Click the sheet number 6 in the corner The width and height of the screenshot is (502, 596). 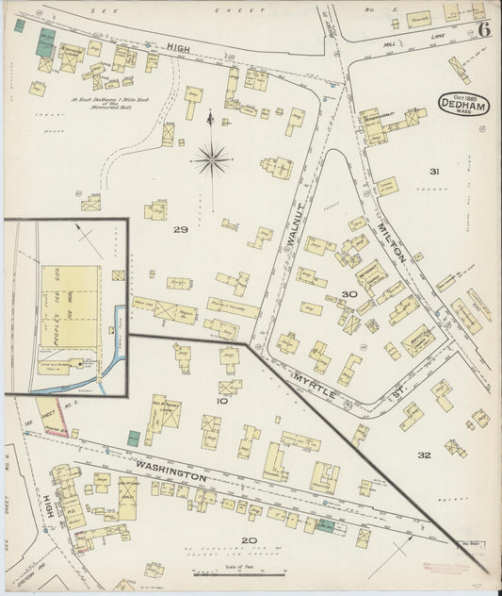(482, 29)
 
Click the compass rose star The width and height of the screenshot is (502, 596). (212, 158)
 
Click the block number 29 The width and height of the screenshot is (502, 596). (180, 229)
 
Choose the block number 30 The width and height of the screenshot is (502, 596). (348, 294)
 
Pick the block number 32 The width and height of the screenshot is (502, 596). (424, 455)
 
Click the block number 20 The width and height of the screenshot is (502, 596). (248, 540)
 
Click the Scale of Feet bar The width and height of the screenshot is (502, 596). (241, 573)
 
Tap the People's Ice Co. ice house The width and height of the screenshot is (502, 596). (71, 305)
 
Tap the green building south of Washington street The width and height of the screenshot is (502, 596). (325, 525)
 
